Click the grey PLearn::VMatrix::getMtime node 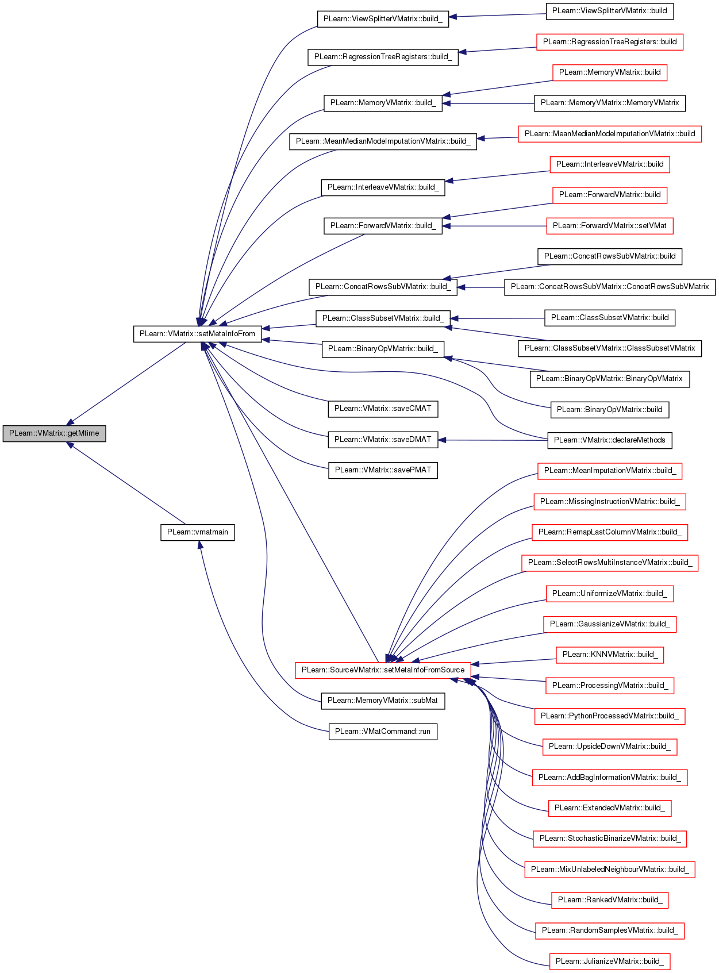(54, 433)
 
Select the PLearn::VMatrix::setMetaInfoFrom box (197, 334)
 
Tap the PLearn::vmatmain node (197, 532)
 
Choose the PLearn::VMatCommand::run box (383, 731)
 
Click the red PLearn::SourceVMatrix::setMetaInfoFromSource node (383, 670)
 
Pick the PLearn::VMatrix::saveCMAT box (383, 409)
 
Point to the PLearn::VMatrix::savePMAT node (383, 470)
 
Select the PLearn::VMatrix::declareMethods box (609, 440)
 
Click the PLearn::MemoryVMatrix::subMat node (383, 701)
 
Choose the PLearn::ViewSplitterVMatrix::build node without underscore (609, 11)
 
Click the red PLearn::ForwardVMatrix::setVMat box (609, 226)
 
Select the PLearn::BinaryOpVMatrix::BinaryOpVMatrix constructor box (609, 379)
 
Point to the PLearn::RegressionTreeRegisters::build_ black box (383, 57)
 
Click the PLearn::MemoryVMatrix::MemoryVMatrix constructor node (609, 103)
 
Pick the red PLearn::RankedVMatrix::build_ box (609, 900)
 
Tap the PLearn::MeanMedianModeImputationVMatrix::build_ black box (383, 141)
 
